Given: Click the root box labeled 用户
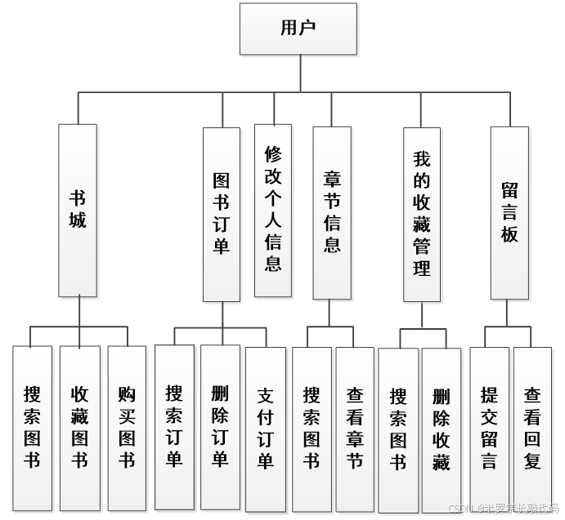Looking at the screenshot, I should [x=298, y=29].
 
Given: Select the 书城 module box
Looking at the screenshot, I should [x=78, y=210].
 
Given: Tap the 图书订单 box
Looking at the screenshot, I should [x=222, y=214].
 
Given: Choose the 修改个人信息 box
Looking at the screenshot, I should [x=273, y=210].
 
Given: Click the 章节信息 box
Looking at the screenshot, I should [x=332, y=212].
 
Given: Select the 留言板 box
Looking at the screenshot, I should [x=509, y=212].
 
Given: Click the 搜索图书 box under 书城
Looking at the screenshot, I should [x=32, y=429].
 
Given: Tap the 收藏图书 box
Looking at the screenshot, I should [x=79, y=429].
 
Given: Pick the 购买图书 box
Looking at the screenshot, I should [x=127, y=429].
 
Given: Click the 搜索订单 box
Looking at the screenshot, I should [x=174, y=427].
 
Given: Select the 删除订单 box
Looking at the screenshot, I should [x=220, y=427].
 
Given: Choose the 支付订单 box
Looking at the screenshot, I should [x=266, y=429].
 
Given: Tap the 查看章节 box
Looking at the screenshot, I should [x=355, y=429].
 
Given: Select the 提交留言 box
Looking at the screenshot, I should [x=489, y=429].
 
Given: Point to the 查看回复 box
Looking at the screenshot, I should [x=532, y=429].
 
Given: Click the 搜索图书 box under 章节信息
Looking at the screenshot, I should [x=312, y=429].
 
